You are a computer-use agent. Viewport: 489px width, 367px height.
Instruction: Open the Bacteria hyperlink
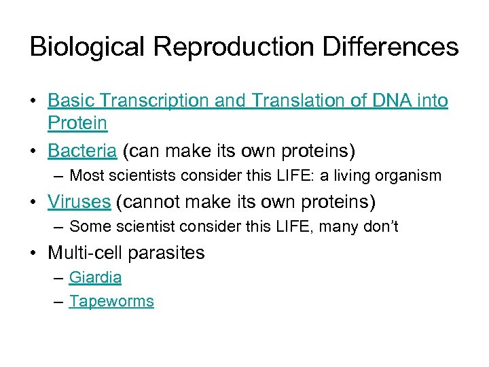coord(77,149)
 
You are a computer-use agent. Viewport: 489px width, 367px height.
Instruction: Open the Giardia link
coord(95,277)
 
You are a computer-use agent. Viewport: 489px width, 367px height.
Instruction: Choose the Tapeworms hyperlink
coord(111,301)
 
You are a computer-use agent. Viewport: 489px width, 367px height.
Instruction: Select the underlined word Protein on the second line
coord(77,123)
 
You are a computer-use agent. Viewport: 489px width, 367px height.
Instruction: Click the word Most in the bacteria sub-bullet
coord(85,175)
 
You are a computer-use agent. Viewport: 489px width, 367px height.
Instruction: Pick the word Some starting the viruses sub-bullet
coord(87,226)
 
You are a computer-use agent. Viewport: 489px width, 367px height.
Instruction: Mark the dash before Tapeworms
coord(58,302)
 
